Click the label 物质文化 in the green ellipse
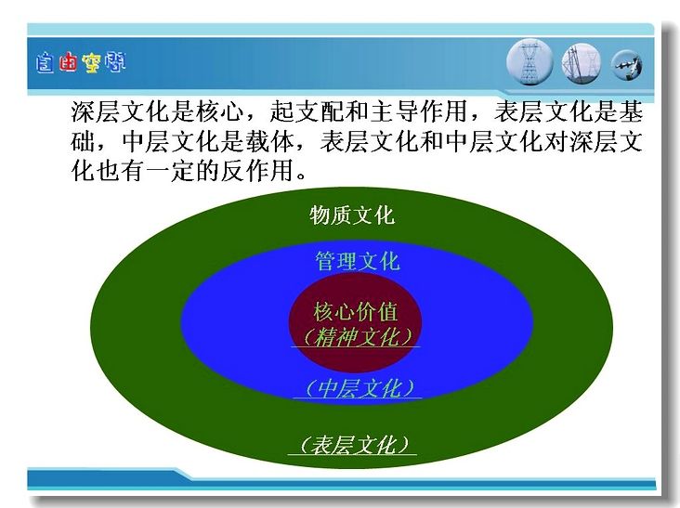(x=352, y=215)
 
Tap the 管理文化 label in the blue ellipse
(x=357, y=261)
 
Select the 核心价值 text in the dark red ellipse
(x=355, y=312)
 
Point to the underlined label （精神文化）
(x=356, y=337)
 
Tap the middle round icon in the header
(x=582, y=64)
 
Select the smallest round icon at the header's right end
(x=627, y=65)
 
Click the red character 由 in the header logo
(x=68, y=63)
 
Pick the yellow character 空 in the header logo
(x=91, y=63)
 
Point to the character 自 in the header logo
(x=46, y=63)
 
